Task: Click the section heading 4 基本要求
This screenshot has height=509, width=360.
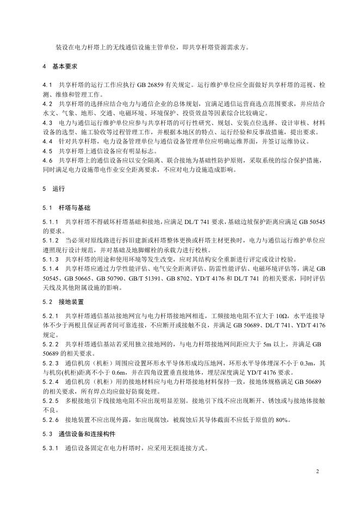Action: pyautogui.click(x=60, y=66)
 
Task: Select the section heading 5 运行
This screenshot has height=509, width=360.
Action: pyautogui.click(x=53, y=189)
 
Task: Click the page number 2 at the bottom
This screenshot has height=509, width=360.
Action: pyautogui.click(x=318, y=471)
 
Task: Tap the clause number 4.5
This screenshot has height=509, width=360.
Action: pyautogui.click(x=47, y=151)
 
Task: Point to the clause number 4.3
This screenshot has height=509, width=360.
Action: pyautogui.click(x=47, y=123)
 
